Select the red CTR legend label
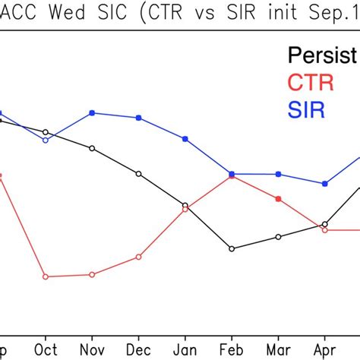(x=306, y=82)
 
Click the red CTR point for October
(x=46, y=276)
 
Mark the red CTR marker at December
(x=139, y=257)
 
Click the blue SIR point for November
(x=92, y=112)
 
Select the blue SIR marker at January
(x=185, y=138)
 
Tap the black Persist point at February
(x=232, y=248)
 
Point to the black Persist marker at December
(x=139, y=174)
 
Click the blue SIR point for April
(x=325, y=183)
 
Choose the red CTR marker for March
(x=279, y=199)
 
